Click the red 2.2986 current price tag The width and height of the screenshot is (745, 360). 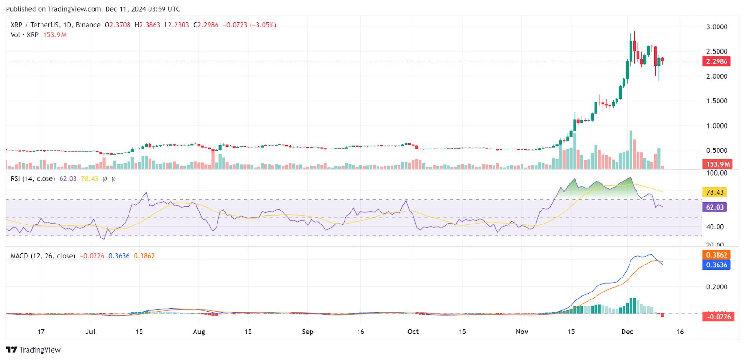716,61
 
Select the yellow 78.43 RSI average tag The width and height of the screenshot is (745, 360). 714,192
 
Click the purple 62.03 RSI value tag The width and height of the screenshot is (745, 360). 714,207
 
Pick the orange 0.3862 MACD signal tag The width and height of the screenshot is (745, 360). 716,255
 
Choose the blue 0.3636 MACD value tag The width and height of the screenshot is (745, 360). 716,265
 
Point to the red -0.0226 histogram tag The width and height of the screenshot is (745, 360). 718,317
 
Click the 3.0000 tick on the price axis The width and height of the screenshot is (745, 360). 716,27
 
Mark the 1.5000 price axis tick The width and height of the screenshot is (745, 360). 716,101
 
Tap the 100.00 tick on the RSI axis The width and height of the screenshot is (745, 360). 716,173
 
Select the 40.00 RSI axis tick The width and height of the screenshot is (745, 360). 714,227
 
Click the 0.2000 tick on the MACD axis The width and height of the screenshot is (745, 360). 716,287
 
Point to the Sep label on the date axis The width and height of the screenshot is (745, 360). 307,332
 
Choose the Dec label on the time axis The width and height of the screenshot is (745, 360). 627,332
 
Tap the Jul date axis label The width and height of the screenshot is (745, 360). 90,332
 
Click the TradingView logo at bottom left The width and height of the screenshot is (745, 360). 34,350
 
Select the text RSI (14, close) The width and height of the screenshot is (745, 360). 33,178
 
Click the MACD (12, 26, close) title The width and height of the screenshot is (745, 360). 43,256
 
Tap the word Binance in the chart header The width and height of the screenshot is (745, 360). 88,25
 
